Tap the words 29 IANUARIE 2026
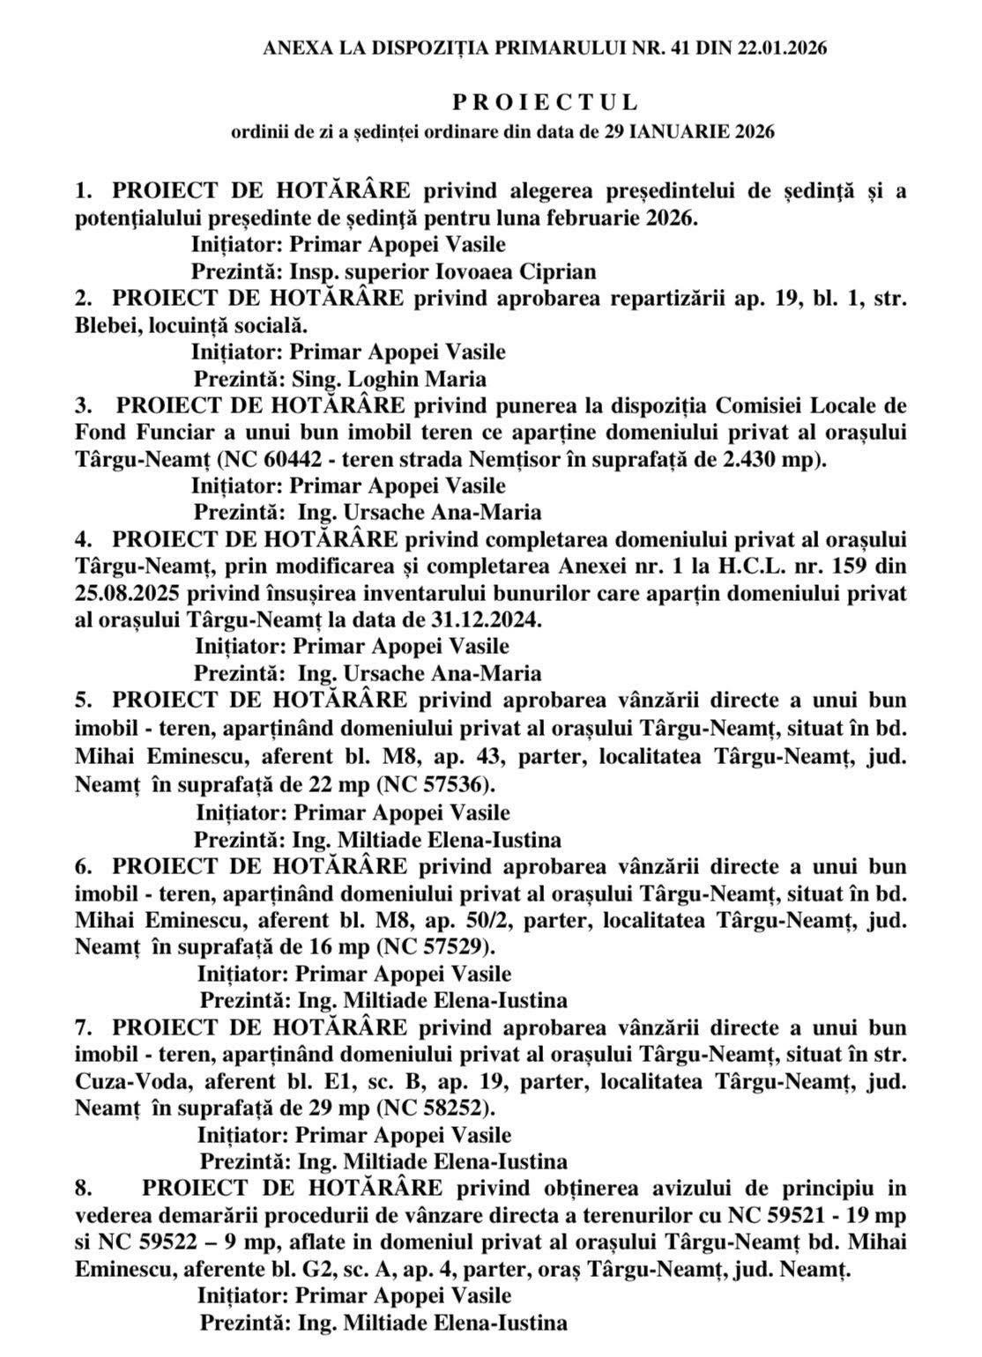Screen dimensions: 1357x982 (690, 133)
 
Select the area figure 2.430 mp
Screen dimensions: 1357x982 (771, 460)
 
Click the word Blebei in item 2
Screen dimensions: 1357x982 (104, 325)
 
